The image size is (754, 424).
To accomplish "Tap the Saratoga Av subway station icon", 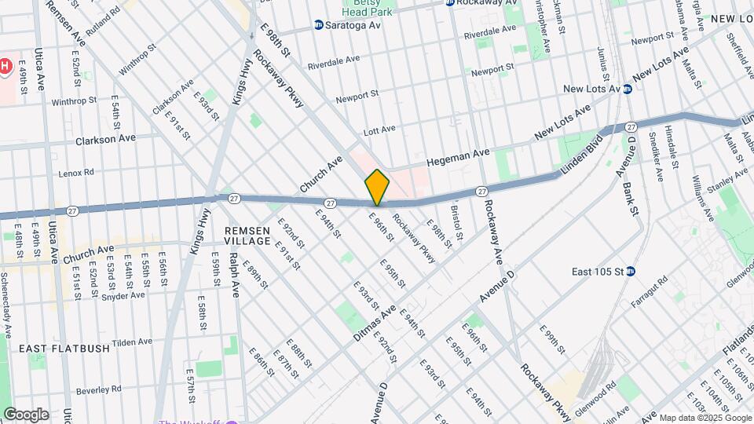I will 319,25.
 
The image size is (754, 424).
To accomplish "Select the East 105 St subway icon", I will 631,272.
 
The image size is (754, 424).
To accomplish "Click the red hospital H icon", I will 5,66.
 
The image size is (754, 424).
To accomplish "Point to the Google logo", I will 25,414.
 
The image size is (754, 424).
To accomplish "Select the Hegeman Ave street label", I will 458,157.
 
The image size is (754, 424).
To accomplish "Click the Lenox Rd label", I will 77,172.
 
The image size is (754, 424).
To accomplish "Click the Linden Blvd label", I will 580,157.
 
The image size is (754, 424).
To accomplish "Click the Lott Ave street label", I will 378,129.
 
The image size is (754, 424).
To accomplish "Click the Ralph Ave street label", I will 234,275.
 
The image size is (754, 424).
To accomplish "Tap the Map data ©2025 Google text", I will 705,418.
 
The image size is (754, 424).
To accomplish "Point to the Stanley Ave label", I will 723,187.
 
